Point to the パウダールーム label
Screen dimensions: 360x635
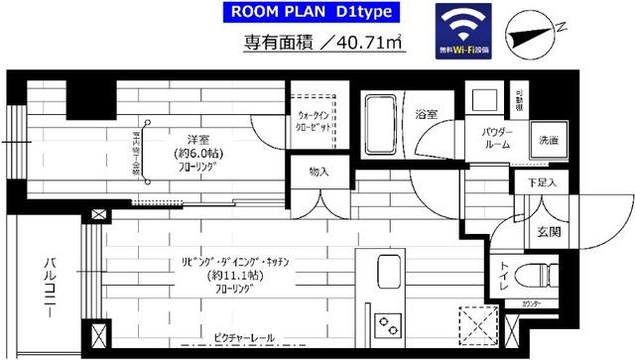click(496, 138)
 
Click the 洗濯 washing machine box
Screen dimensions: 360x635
click(548, 140)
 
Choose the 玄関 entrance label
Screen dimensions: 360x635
click(550, 232)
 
